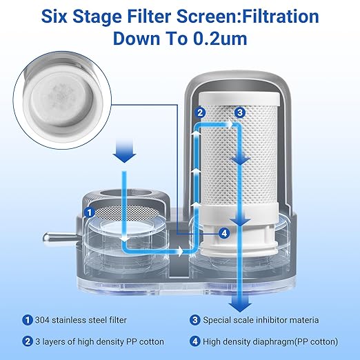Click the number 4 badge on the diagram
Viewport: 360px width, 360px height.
click(223, 233)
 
